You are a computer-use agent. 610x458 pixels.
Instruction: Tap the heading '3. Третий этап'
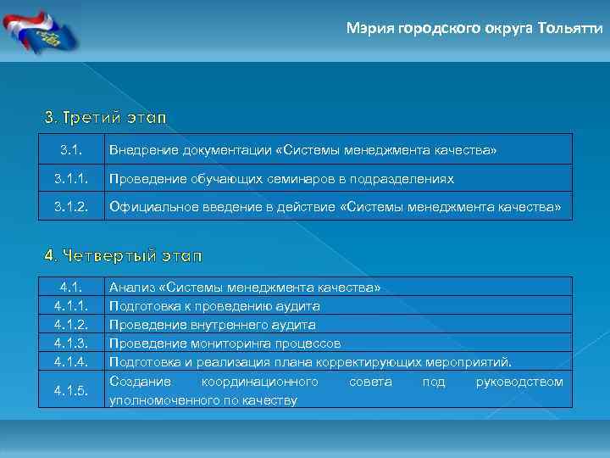(x=106, y=115)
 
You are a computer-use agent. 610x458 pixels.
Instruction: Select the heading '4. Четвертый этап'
(x=123, y=254)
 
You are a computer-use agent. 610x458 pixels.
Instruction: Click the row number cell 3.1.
(x=70, y=150)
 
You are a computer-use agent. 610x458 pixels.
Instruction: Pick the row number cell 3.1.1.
(x=70, y=179)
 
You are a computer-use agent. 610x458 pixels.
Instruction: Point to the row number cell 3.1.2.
(x=70, y=207)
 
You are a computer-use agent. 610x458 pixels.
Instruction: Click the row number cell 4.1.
(x=70, y=288)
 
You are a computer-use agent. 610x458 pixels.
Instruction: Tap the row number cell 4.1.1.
(x=70, y=305)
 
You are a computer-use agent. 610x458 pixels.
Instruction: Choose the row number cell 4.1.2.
(x=70, y=324)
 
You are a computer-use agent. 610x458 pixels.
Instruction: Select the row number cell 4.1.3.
(x=70, y=343)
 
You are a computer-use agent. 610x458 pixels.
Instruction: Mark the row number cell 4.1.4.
(x=70, y=362)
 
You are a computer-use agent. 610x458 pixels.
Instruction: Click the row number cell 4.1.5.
(x=70, y=391)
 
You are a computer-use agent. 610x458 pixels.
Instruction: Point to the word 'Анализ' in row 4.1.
(x=130, y=288)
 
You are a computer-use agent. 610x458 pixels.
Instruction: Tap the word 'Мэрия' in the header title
(x=366, y=27)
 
